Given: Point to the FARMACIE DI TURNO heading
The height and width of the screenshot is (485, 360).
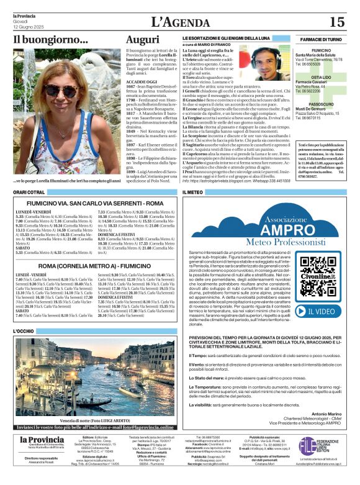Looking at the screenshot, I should pyautogui.click(x=320, y=39).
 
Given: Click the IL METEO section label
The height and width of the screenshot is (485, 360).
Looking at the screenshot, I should pyautogui.click(x=193, y=193).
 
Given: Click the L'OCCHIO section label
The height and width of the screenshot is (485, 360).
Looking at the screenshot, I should pyautogui.click(x=25, y=332).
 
